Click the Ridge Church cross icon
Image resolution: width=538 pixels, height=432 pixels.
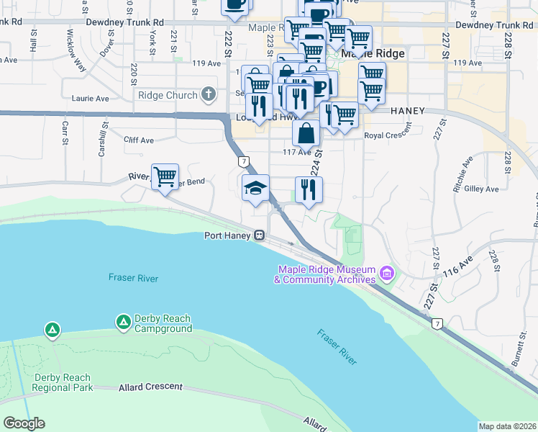(x=209, y=94)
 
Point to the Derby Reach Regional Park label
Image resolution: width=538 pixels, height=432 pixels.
(x=62, y=382)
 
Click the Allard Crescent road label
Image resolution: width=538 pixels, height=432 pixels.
(x=150, y=387)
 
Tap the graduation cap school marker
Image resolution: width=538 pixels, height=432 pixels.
(x=255, y=188)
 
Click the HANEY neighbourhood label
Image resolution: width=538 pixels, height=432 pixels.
(x=409, y=111)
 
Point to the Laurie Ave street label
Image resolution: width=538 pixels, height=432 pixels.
(x=90, y=98)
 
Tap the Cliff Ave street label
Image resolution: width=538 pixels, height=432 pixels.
(x=139, y=140)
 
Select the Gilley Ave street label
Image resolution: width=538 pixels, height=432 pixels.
(x=482, y=189)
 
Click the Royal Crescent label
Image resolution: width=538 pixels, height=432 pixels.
(x=388, y=135)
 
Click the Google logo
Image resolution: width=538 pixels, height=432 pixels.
(x=24, y=423)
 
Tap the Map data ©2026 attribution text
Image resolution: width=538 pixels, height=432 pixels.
(x=506, y=426)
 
